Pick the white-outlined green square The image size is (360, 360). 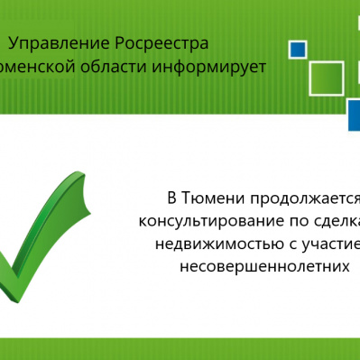point(326,78)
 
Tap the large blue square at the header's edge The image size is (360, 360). point(354,115)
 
